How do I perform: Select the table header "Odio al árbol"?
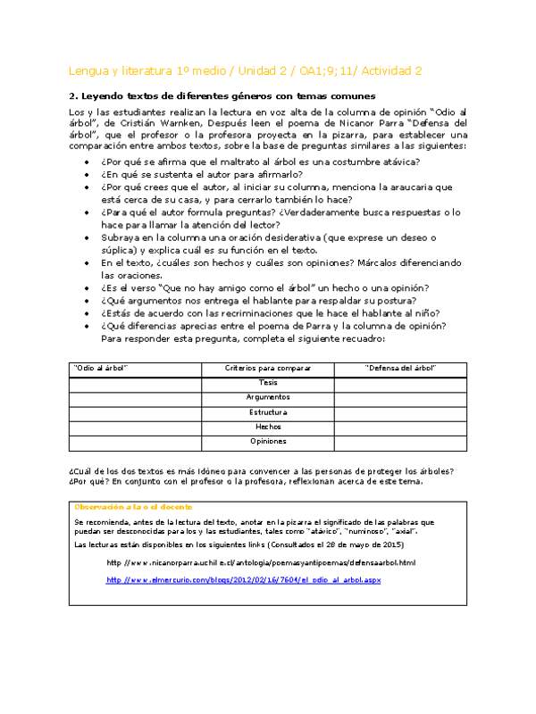tap(101, 368)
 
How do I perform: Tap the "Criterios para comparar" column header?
tap(268, 368)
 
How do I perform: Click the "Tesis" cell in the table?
tap(268, 382)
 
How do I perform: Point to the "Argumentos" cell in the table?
tap(268, 397)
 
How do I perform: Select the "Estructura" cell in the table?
tap(268, 412)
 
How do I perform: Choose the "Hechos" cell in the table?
tap(268, 427)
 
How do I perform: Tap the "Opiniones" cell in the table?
tap(268, 441)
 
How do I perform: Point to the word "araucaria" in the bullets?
tap(415, 187)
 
